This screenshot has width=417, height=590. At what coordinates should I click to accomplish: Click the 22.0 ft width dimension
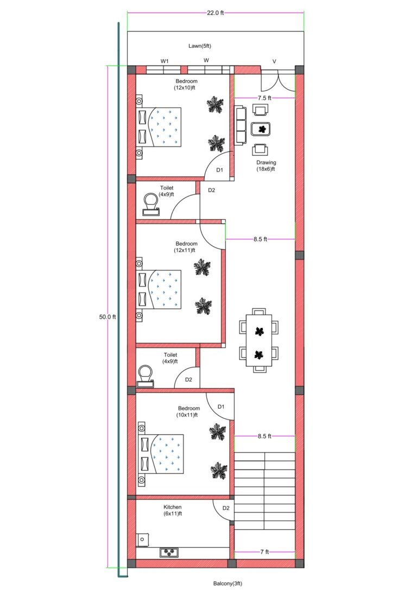[215, 13]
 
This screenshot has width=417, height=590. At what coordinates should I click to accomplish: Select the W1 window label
[164, 61]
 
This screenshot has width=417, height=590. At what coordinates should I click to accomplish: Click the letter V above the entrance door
[274, 61]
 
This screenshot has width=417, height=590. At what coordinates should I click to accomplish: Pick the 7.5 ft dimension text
[264, 98]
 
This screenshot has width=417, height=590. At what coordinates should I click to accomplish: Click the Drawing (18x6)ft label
[266, 166]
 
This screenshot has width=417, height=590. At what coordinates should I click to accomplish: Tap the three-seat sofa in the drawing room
[241, 125]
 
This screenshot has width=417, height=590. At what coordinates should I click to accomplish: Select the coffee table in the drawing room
[263, 129]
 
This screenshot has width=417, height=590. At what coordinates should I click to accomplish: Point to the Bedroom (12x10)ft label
[186, 84]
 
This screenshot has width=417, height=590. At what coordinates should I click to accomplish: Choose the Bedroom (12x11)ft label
[186, 247]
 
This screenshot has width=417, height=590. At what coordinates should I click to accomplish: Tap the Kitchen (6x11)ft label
[172, 510]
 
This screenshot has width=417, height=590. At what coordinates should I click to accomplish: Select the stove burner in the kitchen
[169, 553]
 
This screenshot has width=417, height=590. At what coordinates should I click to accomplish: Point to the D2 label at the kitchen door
[225, 509]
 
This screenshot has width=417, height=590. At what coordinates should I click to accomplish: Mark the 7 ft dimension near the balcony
[264, 552]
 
